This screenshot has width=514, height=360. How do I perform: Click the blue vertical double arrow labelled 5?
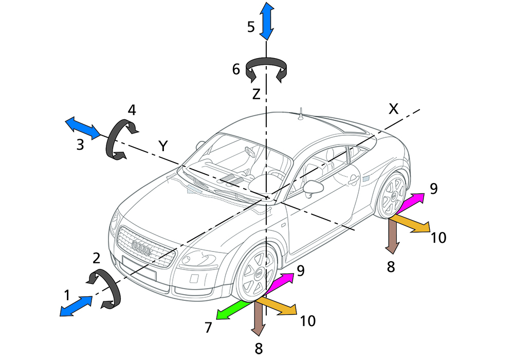click(266, 21)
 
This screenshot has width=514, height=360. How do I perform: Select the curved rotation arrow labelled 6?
click(266, 69)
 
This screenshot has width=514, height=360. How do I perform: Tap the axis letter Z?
click(256, 94)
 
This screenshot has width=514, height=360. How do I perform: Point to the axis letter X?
click(393, 109)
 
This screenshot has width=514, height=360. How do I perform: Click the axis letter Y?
click(163, 146)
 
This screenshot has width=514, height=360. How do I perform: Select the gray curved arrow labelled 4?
click(119, 139)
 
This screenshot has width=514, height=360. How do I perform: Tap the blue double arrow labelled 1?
click(77, 306)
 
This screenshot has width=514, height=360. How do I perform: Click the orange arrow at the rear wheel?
click(411, 224)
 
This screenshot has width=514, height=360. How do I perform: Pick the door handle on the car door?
click(353, 181)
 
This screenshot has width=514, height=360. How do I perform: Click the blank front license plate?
click(139, 269)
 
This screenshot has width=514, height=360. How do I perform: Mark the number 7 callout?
click(208, 328)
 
